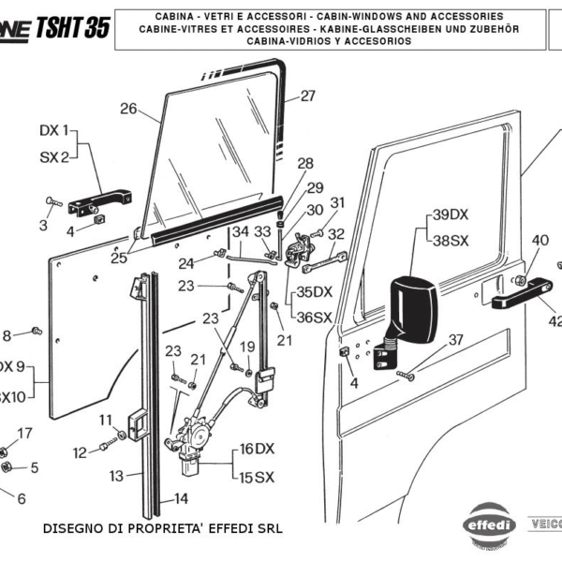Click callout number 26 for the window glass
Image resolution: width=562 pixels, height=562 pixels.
(x=128, y=109)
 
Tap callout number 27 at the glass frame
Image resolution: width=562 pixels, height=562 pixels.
(x=308, y=96)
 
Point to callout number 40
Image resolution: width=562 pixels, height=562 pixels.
(x=540, y=241)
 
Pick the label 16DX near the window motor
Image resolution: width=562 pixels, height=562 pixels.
(x=258, y=449)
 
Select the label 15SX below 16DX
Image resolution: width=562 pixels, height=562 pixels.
(x=258, y=478)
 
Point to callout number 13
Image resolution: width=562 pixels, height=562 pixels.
(x=115, y=476)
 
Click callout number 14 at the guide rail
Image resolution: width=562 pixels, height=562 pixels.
(x=181, y=499)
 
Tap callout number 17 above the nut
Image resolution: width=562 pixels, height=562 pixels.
(x=24, y=433)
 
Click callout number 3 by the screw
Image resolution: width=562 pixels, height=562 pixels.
(x=43, y=225)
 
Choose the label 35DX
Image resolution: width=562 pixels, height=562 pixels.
(x=315, y=292)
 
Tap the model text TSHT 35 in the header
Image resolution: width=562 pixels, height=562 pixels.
(x=71, y=28)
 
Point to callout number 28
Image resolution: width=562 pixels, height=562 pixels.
(x=305, y=163)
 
